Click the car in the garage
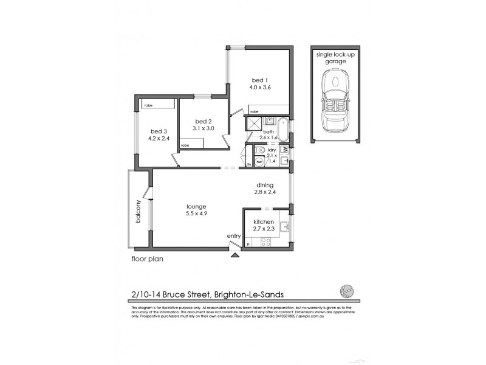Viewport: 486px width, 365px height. coord(335,103)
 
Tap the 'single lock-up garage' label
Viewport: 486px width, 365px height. coord(335,58)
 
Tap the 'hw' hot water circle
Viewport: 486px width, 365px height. coord(259,162)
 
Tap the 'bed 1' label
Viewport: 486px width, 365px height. coord(259,80)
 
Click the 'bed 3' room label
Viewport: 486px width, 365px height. coord(159,131)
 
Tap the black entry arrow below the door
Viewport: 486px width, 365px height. coord(234,255)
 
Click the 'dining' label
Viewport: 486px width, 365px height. coord(264,185)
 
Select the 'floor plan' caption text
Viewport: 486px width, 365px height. coord(147,258)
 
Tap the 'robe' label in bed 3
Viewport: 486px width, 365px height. coord(148,105)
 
